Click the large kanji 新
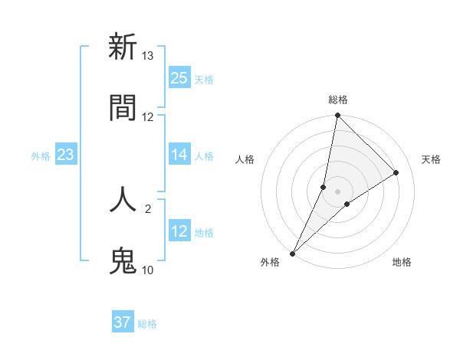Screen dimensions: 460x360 click(x=123, y=47)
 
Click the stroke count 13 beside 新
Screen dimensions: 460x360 click(x=148, y=56)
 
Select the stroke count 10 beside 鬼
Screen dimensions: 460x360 click(x=148, y=270)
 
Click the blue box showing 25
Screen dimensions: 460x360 click(x=179, y=78)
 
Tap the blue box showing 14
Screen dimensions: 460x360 click(x=179, y=155)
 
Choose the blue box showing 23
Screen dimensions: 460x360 click(x=65, y=155)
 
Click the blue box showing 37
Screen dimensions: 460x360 click(x=123, y=322)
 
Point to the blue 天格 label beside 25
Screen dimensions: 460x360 click(x=204, y=79)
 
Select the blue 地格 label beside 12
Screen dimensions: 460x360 click(x=204, y=232)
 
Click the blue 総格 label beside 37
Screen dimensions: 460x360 click(x=147, y=323)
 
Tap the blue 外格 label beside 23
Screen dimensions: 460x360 click(x=41, y=156)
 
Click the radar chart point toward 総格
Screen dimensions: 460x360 click(x=337, y=116)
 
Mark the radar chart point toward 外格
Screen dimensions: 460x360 click(x=292, y=254)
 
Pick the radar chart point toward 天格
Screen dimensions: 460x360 click(x=396, y=172)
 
